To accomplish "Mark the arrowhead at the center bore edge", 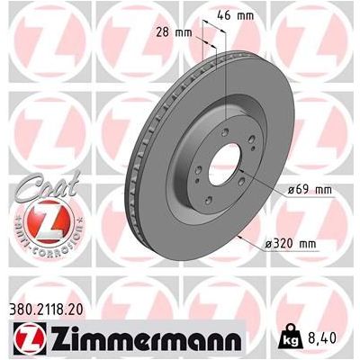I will tap(246, 175).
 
